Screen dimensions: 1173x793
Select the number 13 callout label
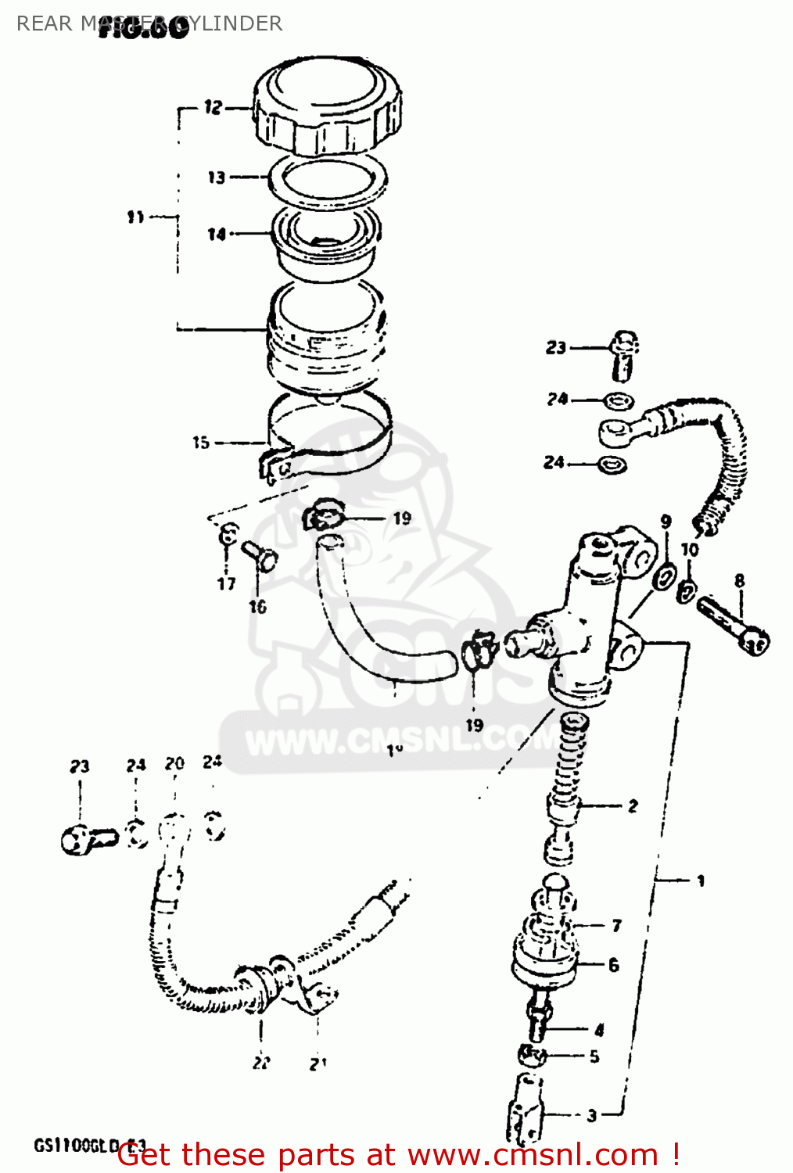click(216, 178)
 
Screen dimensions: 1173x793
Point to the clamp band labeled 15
click(328, 438)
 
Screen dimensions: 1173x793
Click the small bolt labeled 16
click(260, 556)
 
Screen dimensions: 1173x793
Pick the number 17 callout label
click(226, 583)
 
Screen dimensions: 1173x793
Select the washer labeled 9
click(665, 576)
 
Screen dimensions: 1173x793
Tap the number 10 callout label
click(689, 550)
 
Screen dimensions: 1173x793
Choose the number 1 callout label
click(701, 881)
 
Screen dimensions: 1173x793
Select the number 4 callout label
click(599, 1029)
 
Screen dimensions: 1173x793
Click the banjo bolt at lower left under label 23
click(88, 839)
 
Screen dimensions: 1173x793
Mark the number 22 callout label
click(261, 1063)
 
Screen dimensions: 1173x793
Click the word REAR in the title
click(44, 23)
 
